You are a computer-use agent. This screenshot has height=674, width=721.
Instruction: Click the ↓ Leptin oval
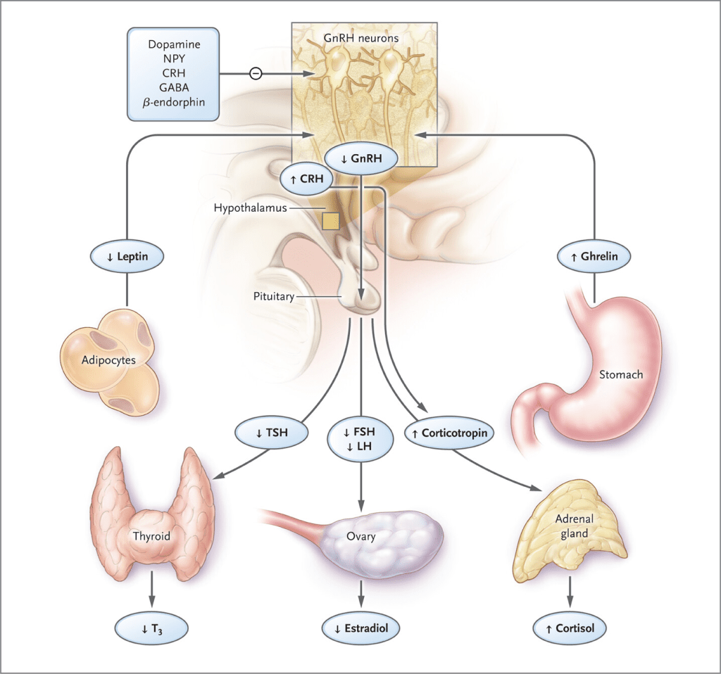tap(127, 256)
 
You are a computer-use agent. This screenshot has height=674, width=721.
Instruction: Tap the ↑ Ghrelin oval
tap(593, 256)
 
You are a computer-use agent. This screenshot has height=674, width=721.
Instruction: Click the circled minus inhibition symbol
tap(256, 73)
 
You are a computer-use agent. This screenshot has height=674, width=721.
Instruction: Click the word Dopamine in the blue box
tap(174, 44)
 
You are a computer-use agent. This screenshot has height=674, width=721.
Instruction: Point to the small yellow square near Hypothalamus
tap(331, 221)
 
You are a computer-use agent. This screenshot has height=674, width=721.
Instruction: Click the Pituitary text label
tap(273, 297)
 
